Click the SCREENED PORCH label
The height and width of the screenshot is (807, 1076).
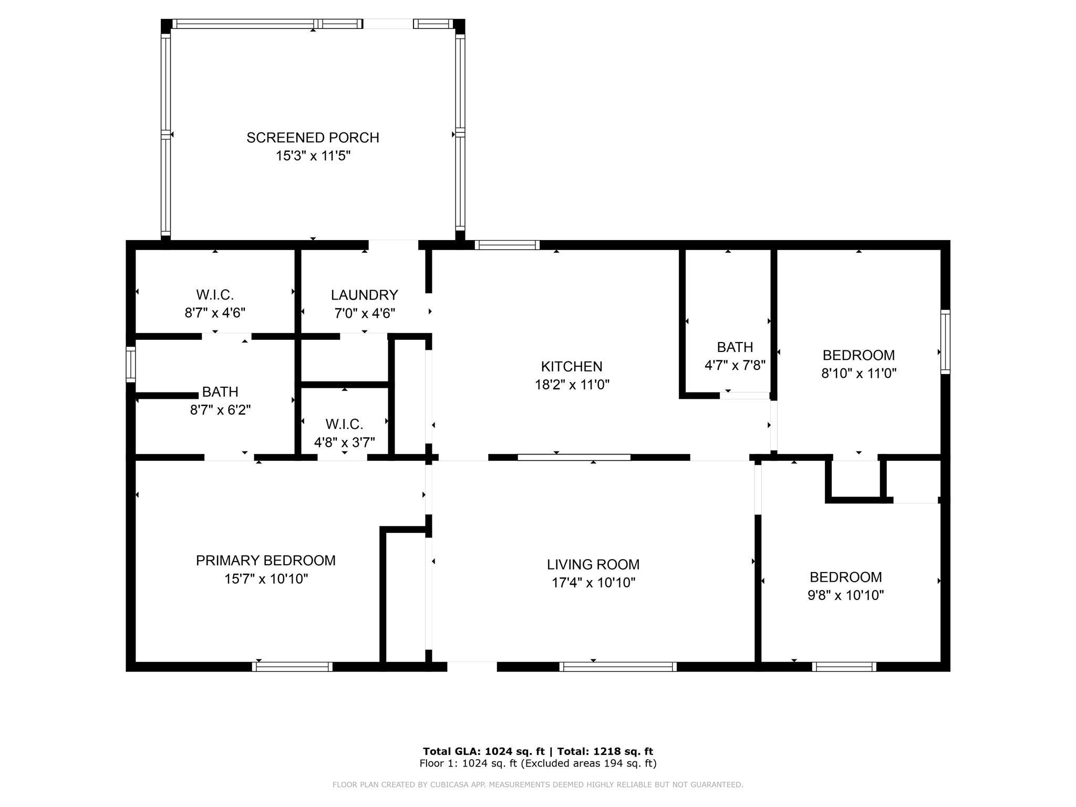click(313, 138)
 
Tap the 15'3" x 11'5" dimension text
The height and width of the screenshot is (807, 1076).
click(313, 156)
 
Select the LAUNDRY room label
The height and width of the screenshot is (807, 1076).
click(364, 295)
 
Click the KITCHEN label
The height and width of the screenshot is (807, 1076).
click(572, 366)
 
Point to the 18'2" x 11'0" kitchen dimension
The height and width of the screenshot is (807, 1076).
click(572, 385)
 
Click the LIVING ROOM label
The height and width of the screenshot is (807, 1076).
click(593, 564)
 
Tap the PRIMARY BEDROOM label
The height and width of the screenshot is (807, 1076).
click(265, 561)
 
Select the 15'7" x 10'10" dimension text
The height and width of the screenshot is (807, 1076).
click(266, 579)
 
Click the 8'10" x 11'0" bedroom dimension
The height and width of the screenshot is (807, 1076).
click(858, 374)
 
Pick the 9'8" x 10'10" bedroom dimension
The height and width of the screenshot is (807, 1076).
click(845, 595)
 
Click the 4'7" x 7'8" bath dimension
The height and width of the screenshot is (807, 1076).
click(734, 365)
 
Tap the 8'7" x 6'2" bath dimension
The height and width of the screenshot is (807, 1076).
click(220, 410)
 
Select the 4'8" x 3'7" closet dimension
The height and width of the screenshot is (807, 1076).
click(344, 442)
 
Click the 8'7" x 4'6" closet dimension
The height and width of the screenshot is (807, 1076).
click(215, 313)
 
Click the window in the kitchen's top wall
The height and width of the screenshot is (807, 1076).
click(507, 245)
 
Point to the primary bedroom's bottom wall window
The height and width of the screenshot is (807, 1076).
click(292, 667)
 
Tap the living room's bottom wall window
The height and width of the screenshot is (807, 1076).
click(618, 667)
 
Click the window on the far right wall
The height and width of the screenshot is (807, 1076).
click(945, 342)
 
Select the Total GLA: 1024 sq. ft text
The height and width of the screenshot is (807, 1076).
click(484, 751)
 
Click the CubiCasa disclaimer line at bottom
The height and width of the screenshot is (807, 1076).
click(537, 784)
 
